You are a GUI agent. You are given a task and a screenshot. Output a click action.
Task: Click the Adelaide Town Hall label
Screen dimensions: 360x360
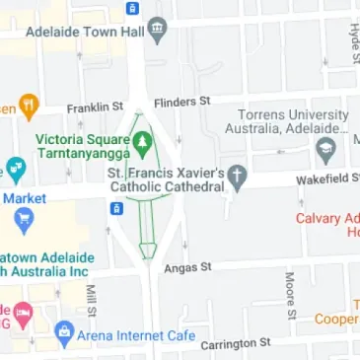(92, 31)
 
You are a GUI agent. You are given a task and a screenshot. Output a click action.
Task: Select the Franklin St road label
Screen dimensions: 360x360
(95, 107)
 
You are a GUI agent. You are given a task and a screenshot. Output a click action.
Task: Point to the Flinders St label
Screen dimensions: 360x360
(182, 101)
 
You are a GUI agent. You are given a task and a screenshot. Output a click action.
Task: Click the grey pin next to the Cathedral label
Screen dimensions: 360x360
(237, 178)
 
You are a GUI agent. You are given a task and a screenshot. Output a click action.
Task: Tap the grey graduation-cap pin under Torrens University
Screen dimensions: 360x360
(325, 152)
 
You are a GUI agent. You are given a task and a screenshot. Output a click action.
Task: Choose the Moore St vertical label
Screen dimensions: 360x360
(290, 290)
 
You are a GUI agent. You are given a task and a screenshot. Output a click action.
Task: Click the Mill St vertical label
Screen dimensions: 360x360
(90, 302)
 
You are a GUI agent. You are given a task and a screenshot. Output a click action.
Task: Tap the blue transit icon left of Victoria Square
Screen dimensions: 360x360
(116, 209)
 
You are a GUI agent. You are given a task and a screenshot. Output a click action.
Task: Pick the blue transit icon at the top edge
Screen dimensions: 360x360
(132, 8)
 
